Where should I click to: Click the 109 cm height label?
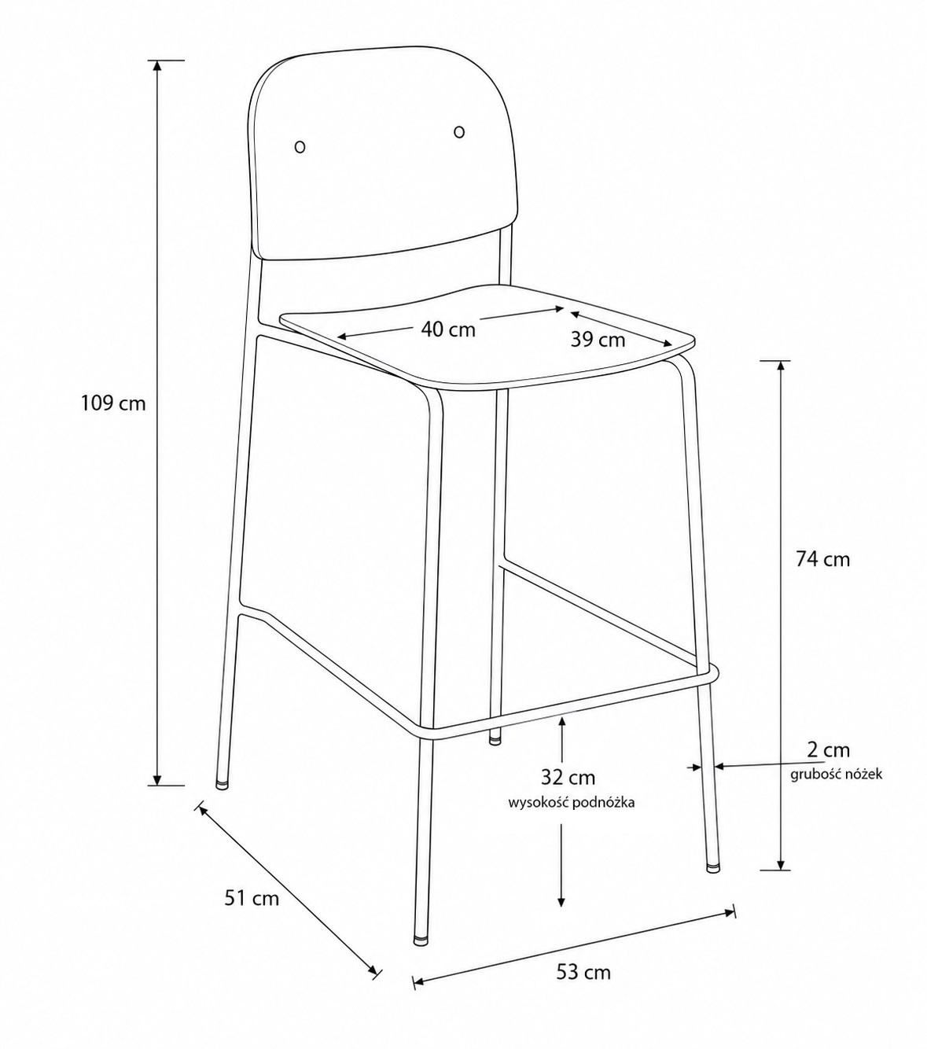pyautogui.click(x=113, y=403)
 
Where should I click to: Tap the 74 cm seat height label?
pyautogui.click(x=823, y=560)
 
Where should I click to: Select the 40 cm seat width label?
pyautogui.click(x=448, y=329)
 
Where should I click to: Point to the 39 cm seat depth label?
pyautogui.click(x=598, y=340)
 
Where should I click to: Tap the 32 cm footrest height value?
pyautogui.click(x=568, y=777)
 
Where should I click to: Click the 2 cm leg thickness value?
pyautogui.click(x=829, y=749)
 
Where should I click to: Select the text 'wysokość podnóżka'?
pyautogui.click(x=572, y=803)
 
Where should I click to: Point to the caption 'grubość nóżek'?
pyautogui.click(x=836, y=775)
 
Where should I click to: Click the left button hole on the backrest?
pyautogui.click(x=300, y=146)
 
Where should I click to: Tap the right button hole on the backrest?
pyautogui.click(x=459, y=131)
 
